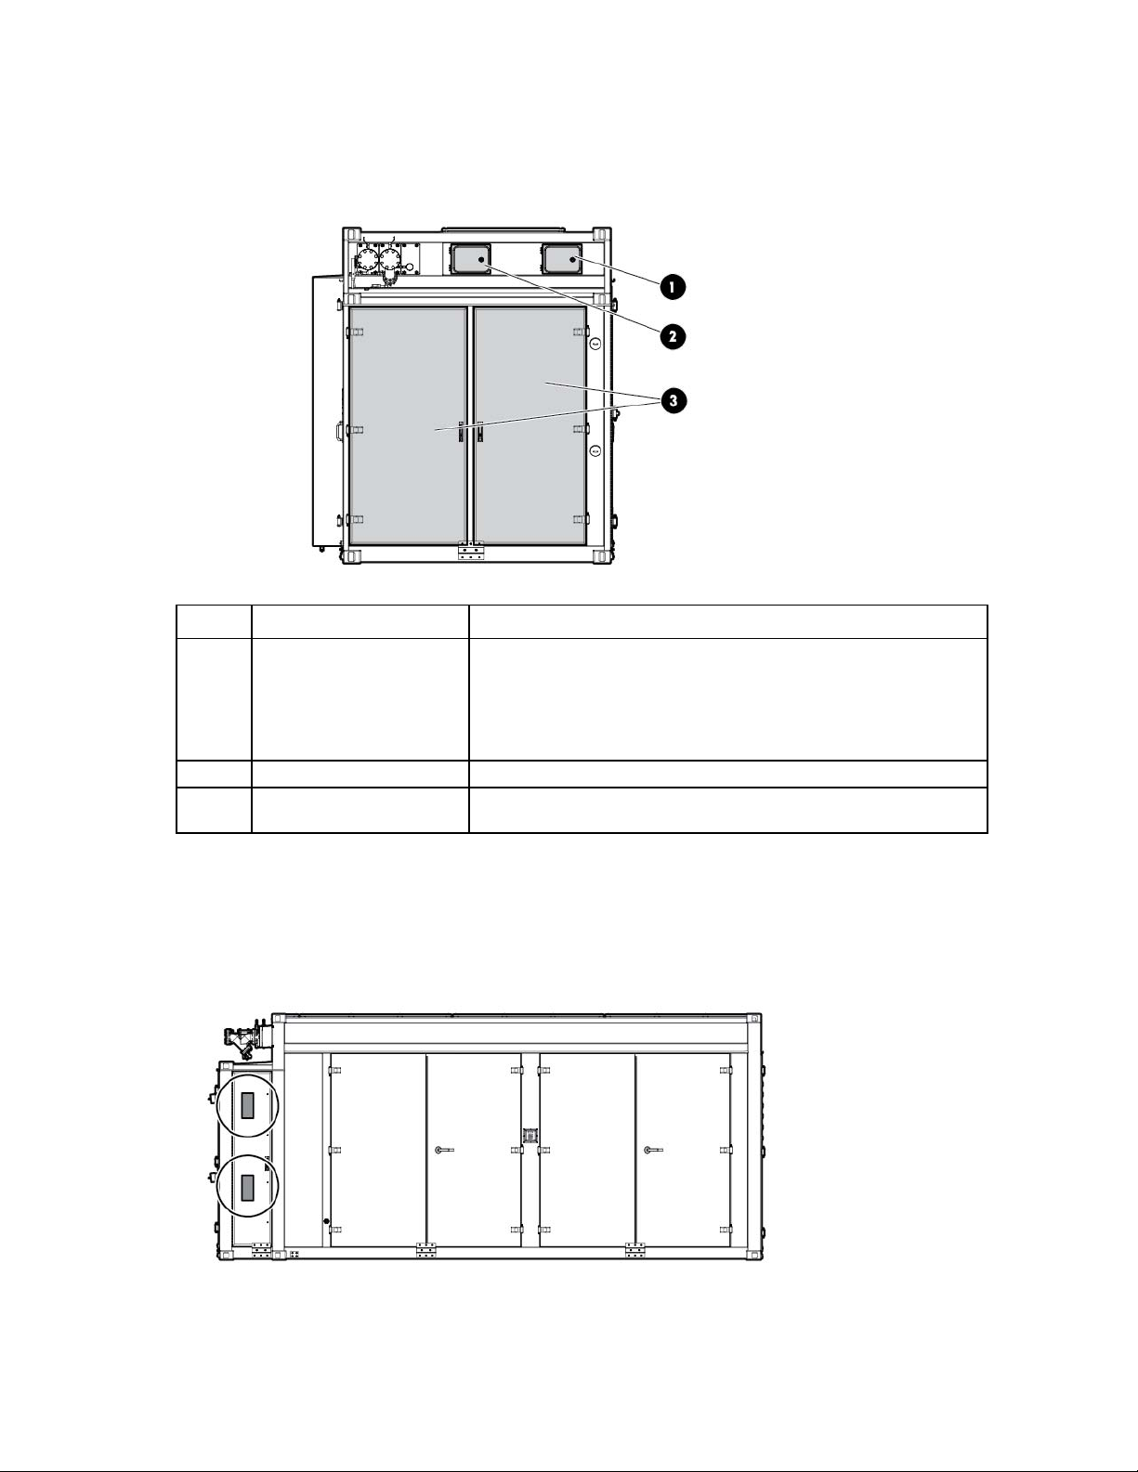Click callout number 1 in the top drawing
coord(672,287)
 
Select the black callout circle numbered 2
coord(672,336)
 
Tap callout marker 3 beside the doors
coord(673,401)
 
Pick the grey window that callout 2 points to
coord(470,259)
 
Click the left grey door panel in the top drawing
coord(408,425)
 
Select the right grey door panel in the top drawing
coord(530,425)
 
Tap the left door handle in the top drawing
coord(460,432)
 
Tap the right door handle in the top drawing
coord(479,432)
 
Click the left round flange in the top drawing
coord(366,260)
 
